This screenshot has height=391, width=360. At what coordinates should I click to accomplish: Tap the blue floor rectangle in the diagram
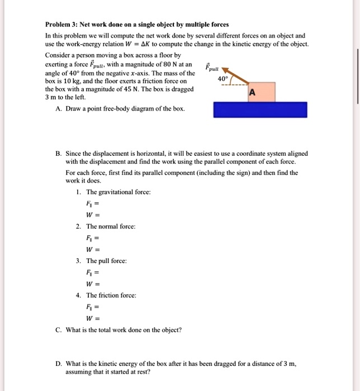[x=260, y=109]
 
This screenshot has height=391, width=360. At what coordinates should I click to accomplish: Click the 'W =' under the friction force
[x=92, y=318]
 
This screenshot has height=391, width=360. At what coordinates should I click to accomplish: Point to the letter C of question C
[x=58, y=329]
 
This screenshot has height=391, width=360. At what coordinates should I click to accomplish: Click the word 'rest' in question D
[x=145, y=371]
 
